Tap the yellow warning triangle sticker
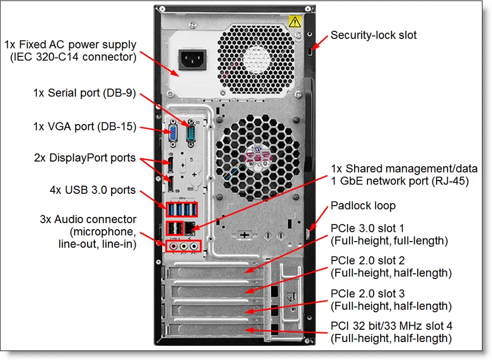point(294,21)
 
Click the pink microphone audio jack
point(174,247)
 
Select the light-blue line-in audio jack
point(194,247)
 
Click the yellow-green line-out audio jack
point(184,247)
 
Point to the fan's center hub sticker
point(255,153)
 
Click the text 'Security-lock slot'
point(373,35)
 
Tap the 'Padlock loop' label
point(363,206)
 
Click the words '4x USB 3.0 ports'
point(92,190)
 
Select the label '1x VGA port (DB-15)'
point(85,127)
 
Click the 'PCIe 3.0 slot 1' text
point(367,228)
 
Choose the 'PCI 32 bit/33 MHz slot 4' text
point(392,326)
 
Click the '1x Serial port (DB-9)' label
point(85,93)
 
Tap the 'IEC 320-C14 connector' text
point(73,57)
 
